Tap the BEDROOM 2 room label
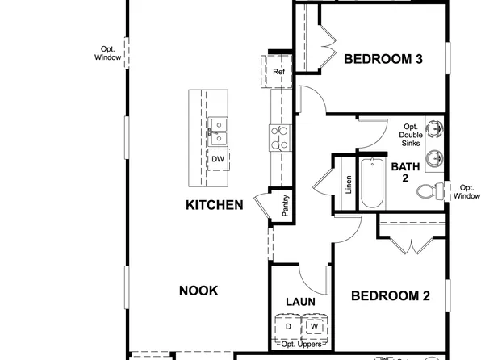pyautogui.click(x=389, y=296)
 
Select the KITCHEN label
pyautogui.click(x=214, y=205)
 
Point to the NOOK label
pyautogui.click(x=198, y=291)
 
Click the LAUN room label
pyautogui.click(x=300, y=302)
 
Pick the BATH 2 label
pyautogui.click(x=404, y=173)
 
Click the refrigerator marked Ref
pyautogui.click(x=278, y=72)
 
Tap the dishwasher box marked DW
pyautogui.click(x=218, y=159)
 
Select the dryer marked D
pyautogui.click(x=288, y=327)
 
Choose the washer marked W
pyautogui.click(x=314, y=327)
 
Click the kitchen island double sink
pyautogui.click(x=218, y=132)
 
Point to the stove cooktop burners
pyautogui.click(x=279, y=138)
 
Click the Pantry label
pyautogui.click(x=285, y=206)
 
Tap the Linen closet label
pyautogui.click(x=349, y=185)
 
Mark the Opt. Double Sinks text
pyautogui.click(x=412, y=135)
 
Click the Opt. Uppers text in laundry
pyautogui.click(x=300, y=345)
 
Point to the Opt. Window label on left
pyautogui.click(x=107, y=52)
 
